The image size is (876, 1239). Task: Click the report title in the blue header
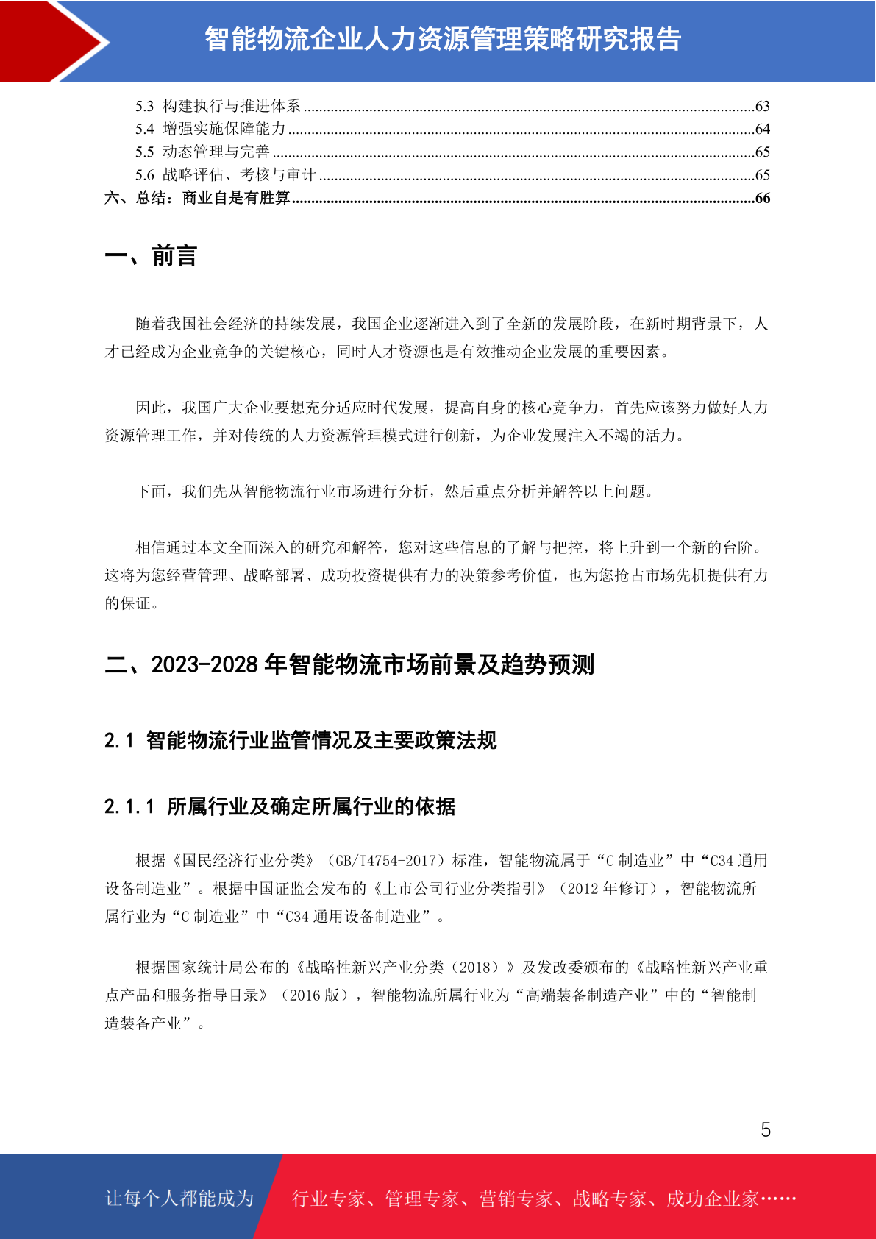(x=443, y=39)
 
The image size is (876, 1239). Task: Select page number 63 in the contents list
(x=762, y=107)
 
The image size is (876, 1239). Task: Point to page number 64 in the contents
(x=762, y=129)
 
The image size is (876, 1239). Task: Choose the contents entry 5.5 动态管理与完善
(x=202, y=152)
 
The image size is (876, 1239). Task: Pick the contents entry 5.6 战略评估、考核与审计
(x=225, y=175)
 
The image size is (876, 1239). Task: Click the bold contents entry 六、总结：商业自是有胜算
(x=197, y=198)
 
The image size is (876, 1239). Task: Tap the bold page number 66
(x=762, y=198)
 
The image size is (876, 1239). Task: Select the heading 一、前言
(x=151, y=256)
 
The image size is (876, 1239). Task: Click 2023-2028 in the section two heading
(x=204, y=664)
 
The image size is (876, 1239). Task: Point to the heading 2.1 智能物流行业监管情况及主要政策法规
(x=300, y=740)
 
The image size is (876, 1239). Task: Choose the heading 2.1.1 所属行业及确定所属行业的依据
(x=279, y=806)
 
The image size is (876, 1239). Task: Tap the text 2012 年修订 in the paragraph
(x=608, y=889)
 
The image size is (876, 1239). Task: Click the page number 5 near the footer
(x=766, y=1129)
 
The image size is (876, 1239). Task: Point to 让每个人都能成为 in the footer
(x=179, y=1199)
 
